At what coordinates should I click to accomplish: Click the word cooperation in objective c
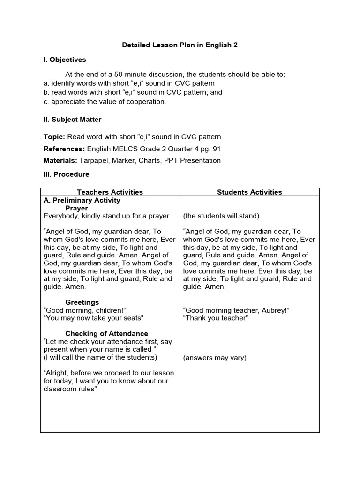[145, 101]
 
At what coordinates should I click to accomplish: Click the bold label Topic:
[54, 137]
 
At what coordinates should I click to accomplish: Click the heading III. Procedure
[66, 174]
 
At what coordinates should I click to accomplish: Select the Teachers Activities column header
[110, 192]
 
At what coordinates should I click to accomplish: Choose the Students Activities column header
[249, 192]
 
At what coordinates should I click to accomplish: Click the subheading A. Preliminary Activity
[82, 200]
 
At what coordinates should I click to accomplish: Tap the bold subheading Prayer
[76, 208]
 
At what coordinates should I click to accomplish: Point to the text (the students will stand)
[221, 216]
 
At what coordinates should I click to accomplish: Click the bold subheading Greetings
[82, 302]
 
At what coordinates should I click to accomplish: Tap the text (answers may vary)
[215, 358]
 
